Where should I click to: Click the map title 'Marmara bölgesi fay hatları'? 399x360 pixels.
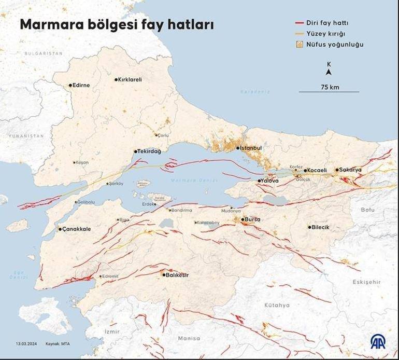(x=117, y=25)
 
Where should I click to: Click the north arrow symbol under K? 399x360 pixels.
(x=329, y=73)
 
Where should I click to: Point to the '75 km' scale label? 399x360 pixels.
(x=330, y=87)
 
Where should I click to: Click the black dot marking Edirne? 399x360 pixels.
(x=70, y=85)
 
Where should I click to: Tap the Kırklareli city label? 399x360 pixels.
(x=130, y=80)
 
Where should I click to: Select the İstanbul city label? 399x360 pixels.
(x=251, y=148)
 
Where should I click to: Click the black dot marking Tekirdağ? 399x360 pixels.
(x=136, y=151)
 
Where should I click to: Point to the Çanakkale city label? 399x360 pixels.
(x=77, y=229)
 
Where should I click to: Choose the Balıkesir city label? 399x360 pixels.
(x=177, y=275)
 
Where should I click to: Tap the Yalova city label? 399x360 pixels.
(x=270, y=181)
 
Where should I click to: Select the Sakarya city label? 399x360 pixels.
(x=351, y=170)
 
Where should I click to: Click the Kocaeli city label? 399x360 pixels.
(x=317, y=170)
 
